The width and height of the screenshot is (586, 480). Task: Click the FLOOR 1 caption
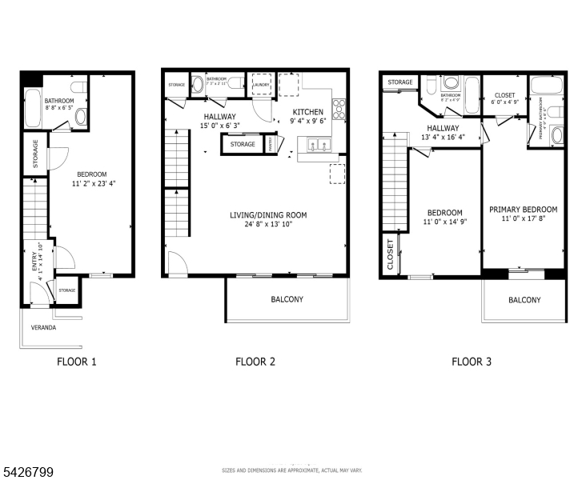click(77, 362)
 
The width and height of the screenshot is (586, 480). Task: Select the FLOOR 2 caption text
click(255, 362)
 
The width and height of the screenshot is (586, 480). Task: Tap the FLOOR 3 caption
click(472, 362)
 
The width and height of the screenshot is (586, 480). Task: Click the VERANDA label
click(43, 327)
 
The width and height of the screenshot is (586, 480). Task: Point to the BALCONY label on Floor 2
click(286, 299)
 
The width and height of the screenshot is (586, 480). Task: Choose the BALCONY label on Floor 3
click(524, 300)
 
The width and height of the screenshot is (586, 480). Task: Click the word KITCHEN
click(308, 112)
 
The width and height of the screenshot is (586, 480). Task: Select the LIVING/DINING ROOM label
click(268, 214)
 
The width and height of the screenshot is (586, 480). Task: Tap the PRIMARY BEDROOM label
click(524, 210)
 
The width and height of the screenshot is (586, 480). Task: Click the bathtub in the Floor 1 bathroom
click(32, 109)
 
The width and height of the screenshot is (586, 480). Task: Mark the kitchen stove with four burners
click(339, 108)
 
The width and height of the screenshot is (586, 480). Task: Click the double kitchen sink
click(315, 145)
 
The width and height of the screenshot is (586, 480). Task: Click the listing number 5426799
click(28, 473)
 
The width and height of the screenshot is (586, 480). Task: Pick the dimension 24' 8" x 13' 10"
click(268, 225)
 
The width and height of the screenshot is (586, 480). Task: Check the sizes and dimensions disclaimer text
click(292, 470)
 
